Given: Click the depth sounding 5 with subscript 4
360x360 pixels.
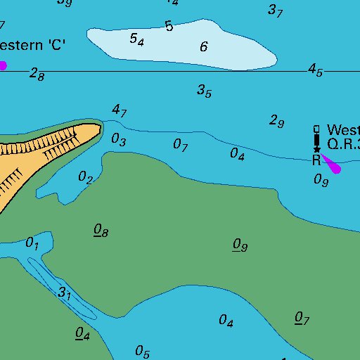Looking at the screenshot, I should click(x=137, y=40).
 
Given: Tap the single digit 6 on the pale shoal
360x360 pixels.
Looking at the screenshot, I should click(x=204, y=47).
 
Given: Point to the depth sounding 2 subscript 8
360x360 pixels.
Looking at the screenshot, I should click(x=37, y=75).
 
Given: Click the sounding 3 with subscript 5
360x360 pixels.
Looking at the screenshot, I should click(x=204, y=91).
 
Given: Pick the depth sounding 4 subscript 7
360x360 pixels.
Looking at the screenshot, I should click(x=119, y=110).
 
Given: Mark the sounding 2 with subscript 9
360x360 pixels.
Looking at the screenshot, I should click(x=276, y=121).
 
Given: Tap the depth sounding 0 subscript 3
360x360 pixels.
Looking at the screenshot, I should click(x=119, y=140).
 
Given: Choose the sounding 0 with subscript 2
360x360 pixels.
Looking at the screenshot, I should click(x=85, y=177).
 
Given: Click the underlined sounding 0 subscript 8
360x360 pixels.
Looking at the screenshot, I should click(x=101, y=231).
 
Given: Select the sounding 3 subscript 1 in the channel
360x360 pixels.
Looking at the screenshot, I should click(x=65, y=292).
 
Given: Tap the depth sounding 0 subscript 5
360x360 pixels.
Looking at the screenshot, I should click(x=142, y=350).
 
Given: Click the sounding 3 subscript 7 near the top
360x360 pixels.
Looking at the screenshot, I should click(x=275, y=11).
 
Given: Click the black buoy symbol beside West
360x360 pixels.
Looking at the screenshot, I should click(x=317, y=139).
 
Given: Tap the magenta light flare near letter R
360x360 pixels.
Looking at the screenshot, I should click(x=331, y=165).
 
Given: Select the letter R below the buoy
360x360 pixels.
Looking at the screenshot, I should click(x=316, y=160).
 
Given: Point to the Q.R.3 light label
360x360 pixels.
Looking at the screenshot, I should click(x=344, y=145).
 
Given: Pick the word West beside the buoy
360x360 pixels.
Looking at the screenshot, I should click(x=344, y=130).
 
